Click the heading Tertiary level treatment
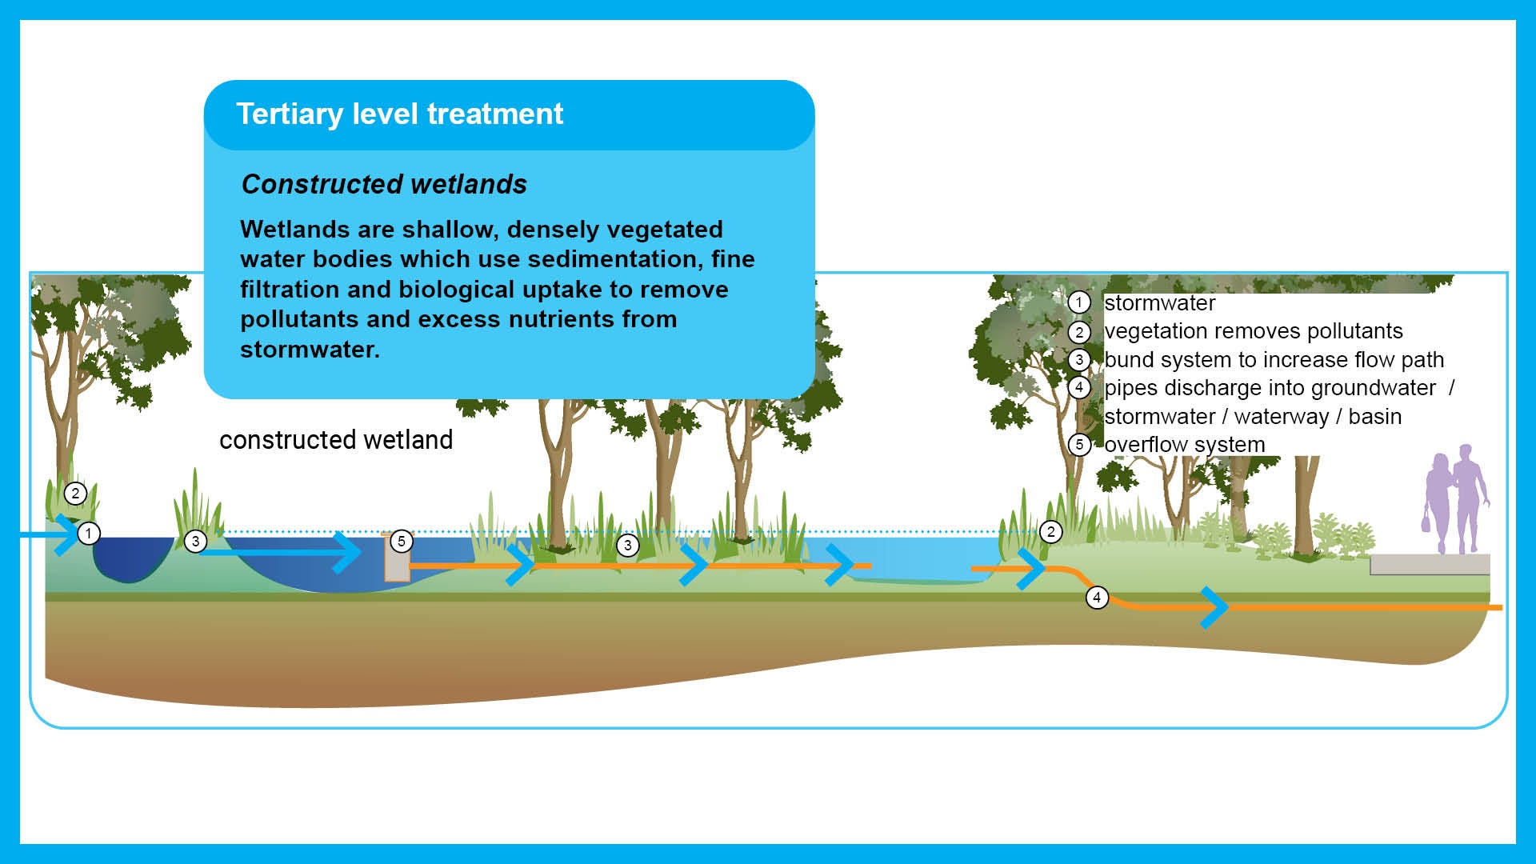[399, 114]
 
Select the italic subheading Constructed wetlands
[384, 185]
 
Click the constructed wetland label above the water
[336, 440]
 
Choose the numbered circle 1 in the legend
[1079, 302]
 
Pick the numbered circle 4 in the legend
[1079, 388]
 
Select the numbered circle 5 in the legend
[1079, 445]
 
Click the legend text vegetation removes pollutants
[1253, 331]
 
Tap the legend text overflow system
[1184, 445]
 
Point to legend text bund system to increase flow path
[1274, 360]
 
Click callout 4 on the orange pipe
[1097, 598]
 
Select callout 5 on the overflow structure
[402, 542]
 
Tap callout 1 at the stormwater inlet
[89, 534]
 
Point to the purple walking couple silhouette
[1456, 500]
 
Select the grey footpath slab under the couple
[1429, 564]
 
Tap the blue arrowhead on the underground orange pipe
[1215, 607]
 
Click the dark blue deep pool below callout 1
[128, 560]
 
